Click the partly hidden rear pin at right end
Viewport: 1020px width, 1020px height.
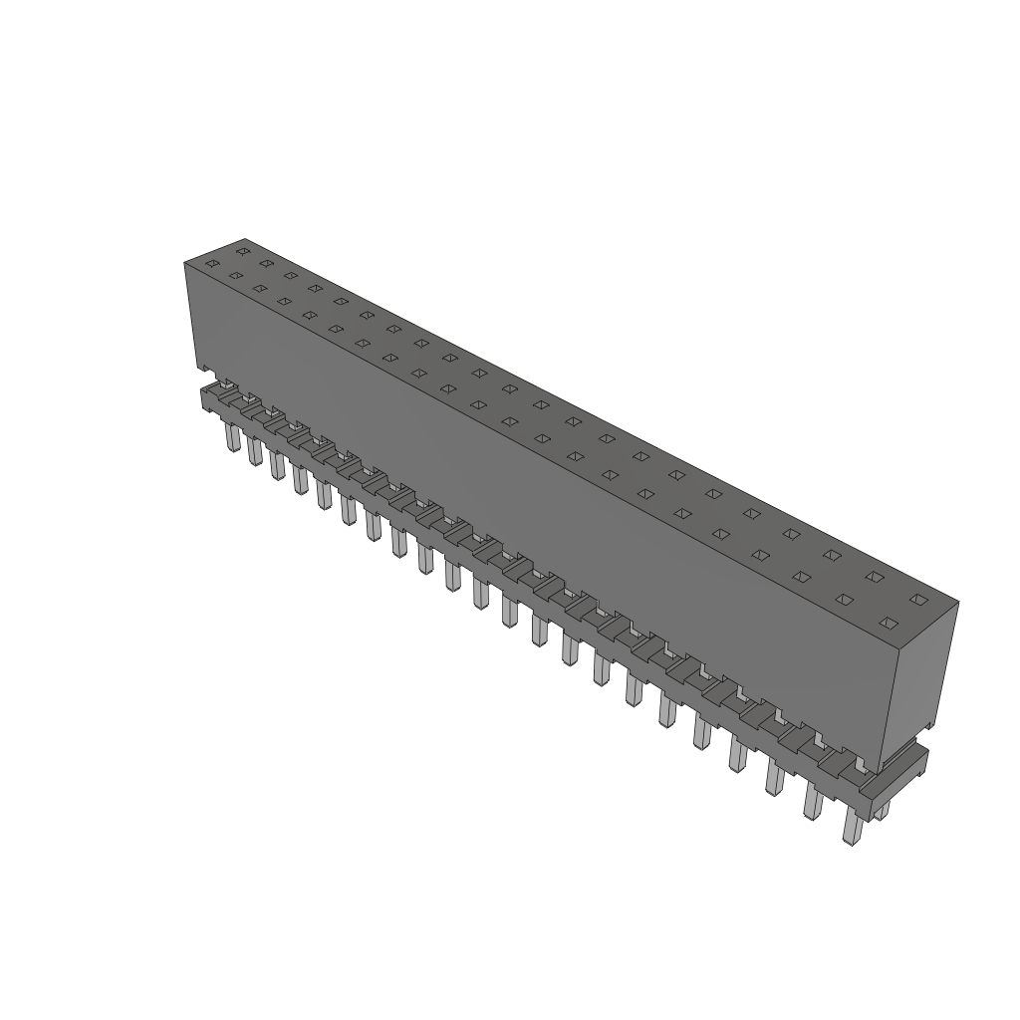[x=882, y=812]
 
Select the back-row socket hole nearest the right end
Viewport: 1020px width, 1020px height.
[x=918, y=600]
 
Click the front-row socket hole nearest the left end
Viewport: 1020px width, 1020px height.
[x=211, y=263]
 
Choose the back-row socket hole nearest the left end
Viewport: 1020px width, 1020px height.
[x=242, y=251]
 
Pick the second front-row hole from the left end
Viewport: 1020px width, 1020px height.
[x=236, y=276]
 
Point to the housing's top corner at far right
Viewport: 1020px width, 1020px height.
[x=957, y=602]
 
